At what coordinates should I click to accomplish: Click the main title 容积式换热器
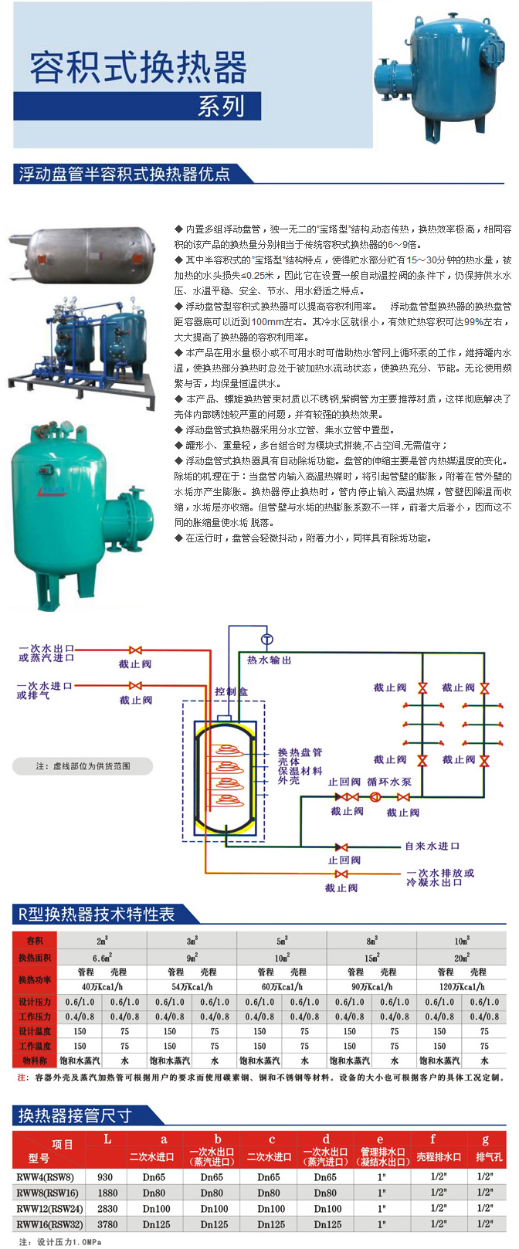point(138,68)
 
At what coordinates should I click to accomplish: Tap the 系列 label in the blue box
point(221,105)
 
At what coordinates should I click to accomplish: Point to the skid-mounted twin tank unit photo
point(80,351)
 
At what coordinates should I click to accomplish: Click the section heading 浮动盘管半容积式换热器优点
point(124,174)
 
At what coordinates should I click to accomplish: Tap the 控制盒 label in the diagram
point(231,691)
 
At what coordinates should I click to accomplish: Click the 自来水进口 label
point(432,846)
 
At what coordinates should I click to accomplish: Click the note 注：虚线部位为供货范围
point(83,766)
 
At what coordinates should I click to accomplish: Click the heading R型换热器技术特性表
point(97,915)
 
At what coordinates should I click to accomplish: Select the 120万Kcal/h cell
point(461,986)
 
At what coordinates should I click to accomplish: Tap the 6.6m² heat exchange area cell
point(102,958)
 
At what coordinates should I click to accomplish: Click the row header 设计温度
point(35,1031)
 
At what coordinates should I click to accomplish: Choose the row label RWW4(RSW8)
point(45,1177)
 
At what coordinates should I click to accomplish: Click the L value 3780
point(107,1224)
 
